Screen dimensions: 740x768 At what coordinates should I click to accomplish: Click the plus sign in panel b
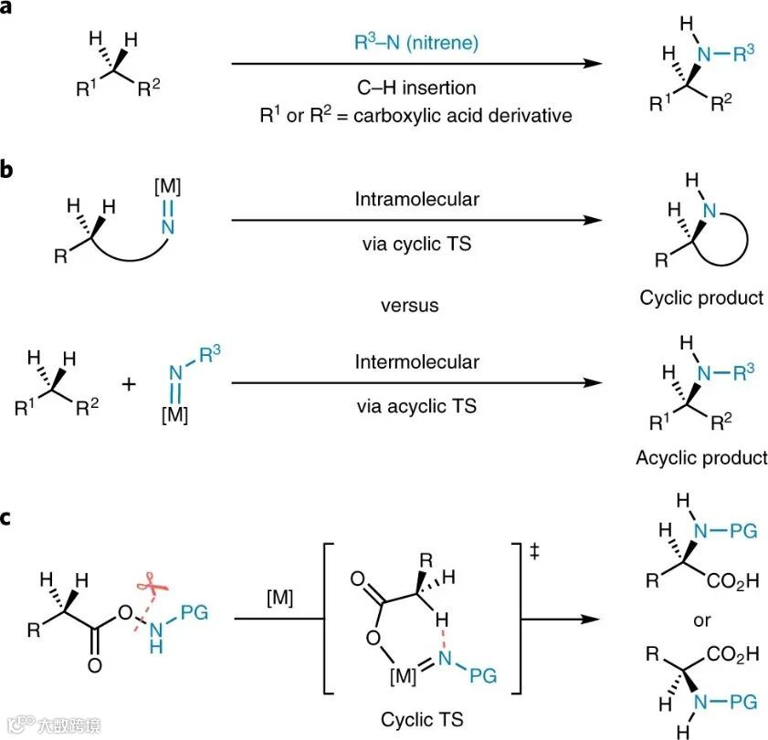pyautogui.click(x=128, y=385)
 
